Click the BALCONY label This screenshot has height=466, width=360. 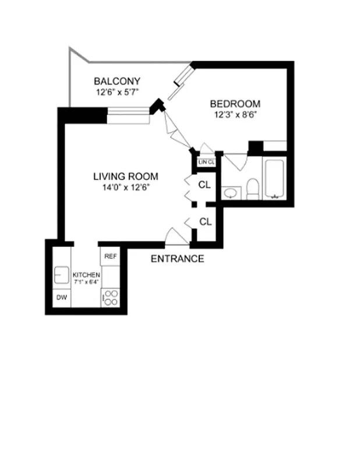tap(117, 81)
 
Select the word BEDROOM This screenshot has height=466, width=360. tap(235, 104)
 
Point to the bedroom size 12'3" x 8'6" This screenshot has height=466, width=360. tap(235, 115)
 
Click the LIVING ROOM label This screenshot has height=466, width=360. tap(126, 176)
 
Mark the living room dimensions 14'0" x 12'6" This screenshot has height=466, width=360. tap(126, 187)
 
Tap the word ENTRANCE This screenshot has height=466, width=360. tap(177, 259)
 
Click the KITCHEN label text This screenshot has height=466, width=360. tap(86, 275)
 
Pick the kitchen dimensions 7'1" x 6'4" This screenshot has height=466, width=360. tap(86, 283)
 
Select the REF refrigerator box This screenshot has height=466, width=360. tap(111, 256)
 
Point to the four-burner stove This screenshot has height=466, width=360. tap(111, 298)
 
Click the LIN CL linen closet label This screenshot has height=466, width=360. tap(207, 162)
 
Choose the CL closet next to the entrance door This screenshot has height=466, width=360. tap(205, 221)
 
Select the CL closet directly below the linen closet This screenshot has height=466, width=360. tap(204, 185)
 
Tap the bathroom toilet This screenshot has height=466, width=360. tap(252, 188)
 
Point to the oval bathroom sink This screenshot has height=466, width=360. tap(231, 192)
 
